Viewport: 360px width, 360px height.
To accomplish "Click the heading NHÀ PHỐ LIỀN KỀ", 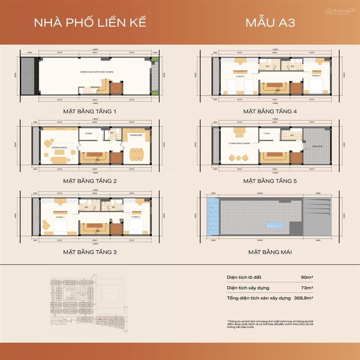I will [90, 22].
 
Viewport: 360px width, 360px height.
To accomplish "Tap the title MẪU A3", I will [270, 22].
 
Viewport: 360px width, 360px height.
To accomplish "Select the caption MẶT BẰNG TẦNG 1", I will [90, 111].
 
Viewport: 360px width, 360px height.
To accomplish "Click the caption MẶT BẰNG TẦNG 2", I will [90, 181].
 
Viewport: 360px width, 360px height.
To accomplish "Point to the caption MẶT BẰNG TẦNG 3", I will [90, 252].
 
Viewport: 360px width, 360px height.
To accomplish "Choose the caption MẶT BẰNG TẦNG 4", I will [270, 111].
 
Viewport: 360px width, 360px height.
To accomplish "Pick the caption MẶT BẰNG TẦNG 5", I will [270, 181].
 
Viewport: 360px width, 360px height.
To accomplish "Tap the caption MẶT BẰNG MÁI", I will [270, 252].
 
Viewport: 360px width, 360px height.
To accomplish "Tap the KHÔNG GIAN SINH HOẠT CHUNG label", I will [97, 72].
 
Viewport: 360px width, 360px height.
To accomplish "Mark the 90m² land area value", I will [307, 277].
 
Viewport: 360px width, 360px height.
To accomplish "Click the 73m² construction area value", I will [307, 288].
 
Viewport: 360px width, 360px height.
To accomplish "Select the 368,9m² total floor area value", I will [304, 298].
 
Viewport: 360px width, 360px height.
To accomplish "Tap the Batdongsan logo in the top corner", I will [340, 12].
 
